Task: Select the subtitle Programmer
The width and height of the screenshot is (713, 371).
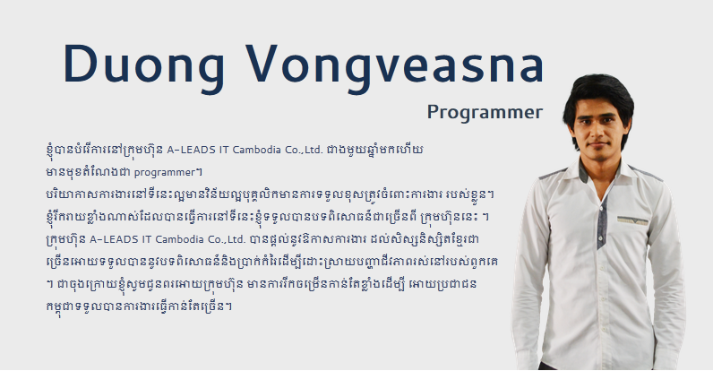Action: click(485, 113)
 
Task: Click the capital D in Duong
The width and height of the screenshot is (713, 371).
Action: click(80, 64)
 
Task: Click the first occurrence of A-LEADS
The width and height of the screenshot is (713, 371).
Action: click(192, 150)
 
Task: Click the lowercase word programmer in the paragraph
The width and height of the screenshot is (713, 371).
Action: click(164, 173)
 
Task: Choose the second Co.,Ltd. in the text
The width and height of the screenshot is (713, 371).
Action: click(226, 239)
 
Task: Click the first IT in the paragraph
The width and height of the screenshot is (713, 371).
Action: click(224, 150)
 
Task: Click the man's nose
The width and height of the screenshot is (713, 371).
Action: click(597, 133)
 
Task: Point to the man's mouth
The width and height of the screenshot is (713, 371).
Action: click(597, 145)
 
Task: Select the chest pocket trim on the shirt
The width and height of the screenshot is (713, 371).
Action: click(632, 220)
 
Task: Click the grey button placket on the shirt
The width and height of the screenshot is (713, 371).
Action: click(602, 223)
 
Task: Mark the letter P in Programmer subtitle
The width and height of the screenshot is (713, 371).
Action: click(433, 112)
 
